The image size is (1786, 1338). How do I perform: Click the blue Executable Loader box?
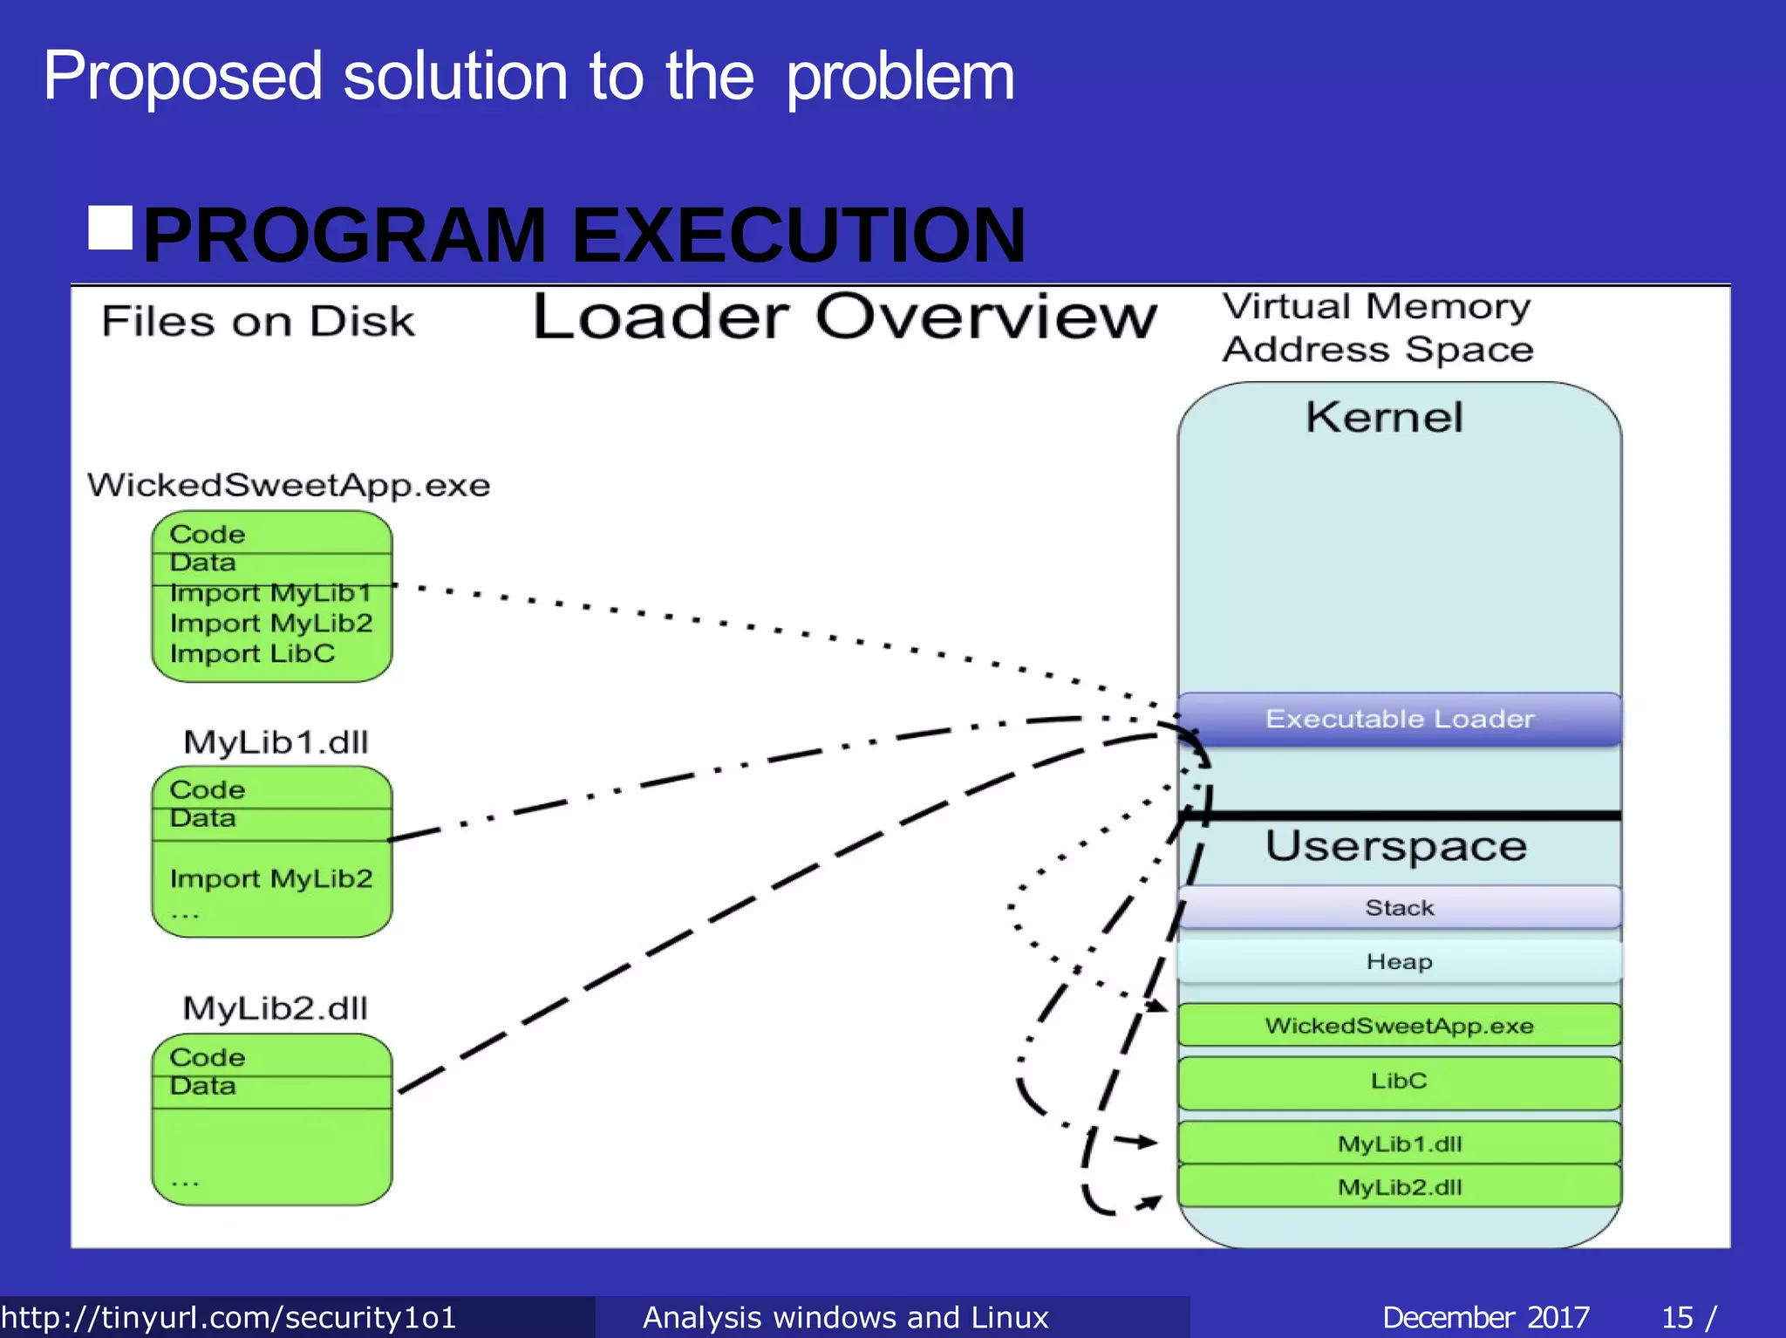pos(1399,719)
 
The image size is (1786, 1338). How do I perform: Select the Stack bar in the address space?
pos(1399,908)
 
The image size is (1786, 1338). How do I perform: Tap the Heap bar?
pos(1399,961)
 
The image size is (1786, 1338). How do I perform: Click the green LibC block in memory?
pos(1399,1082)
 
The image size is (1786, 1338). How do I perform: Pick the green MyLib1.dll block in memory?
pos(1399,1143)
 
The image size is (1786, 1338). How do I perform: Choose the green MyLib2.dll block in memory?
pos(1399,1187)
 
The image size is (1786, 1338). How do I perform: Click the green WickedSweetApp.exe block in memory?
pos(1399,1026)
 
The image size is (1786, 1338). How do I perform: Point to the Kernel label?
pos(1384,417)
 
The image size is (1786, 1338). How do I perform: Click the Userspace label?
pos(1395,846)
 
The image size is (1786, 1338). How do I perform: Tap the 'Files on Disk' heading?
pos(258,321)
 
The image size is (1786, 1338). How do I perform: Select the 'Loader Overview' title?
pos(844,317)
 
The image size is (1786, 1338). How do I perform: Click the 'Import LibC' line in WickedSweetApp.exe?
pos(252,653)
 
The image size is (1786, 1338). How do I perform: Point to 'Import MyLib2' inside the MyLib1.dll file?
pos(271,878)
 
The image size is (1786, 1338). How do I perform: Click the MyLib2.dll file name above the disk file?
pos(276,1008)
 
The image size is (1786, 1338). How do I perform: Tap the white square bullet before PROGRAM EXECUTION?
pos(111,229)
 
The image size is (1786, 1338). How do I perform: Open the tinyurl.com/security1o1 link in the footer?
pos(228,1317)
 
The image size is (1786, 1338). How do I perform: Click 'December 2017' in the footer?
pos(1485,1317)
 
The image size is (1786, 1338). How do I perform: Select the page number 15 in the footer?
pos(1677,1317)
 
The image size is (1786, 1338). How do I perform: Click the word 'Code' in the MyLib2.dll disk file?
pos(207,1057)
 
